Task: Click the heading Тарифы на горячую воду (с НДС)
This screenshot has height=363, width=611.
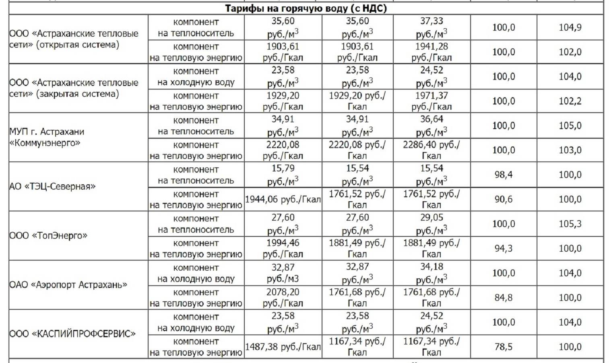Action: [305, 8]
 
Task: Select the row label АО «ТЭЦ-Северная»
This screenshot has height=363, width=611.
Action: [53, 186]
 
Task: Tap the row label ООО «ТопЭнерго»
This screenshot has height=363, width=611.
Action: [48, 236]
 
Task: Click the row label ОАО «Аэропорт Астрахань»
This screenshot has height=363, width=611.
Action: [68, 285]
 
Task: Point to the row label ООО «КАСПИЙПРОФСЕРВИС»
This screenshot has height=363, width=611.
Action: [72, 334]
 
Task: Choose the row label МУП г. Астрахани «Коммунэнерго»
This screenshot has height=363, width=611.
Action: [47, 137]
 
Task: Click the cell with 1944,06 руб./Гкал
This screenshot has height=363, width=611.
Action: [283, 199]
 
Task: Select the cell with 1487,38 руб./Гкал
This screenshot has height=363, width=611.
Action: [283, 346]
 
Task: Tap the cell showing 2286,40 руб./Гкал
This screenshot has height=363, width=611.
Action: [431, 150]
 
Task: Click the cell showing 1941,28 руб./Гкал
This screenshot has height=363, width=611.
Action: [431, 52]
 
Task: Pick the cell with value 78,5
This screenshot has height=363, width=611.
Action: [503, 346]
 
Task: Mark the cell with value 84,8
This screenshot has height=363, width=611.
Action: [503, 298]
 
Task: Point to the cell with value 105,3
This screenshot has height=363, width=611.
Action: [570, 224]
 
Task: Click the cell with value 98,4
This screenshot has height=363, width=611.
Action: [503, 175]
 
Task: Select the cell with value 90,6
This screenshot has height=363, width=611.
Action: [503, 199]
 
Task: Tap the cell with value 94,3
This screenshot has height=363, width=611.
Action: [503, 248]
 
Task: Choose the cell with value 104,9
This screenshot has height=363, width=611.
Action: [570, 27]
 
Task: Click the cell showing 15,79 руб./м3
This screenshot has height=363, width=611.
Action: [283, 175]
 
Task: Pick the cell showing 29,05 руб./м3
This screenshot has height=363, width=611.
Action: [431, 224]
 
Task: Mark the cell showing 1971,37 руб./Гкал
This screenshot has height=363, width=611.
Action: [431, 101]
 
